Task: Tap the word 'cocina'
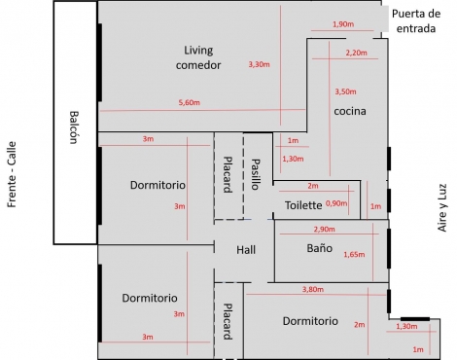pos(349,111)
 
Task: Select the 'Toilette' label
pos(303,205)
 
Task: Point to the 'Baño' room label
pos(319,249)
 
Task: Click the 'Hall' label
pos(246,250)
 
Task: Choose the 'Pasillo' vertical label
pos(256,173)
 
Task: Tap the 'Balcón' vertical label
pos(74,126)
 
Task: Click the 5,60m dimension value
pos(189,102)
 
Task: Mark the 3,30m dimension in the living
pos(259,64)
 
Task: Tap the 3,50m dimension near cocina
pos(346,90)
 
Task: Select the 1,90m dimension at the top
pos(342,23)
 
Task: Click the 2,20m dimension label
pos(356,53)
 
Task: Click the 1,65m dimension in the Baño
pos(354,254)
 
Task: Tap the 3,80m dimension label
pos(312,289)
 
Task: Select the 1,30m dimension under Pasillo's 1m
pos(291,158)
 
